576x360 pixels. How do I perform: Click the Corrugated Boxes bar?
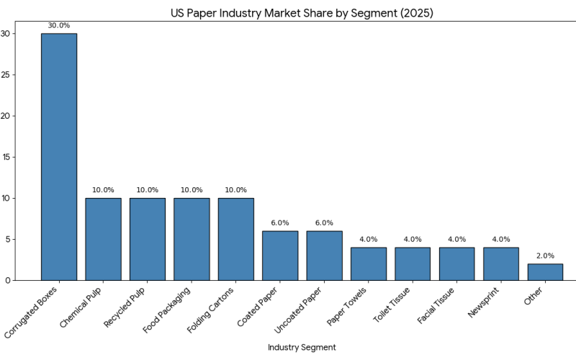(x=59, y=157)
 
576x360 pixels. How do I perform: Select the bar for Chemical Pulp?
(x=103, y=239)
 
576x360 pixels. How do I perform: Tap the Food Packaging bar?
(x=192, y=239)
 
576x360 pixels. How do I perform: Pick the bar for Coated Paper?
(x=280, y=256)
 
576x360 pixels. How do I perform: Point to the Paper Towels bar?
(x=369, y=264)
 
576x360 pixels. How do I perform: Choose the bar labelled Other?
(x=545, y=272)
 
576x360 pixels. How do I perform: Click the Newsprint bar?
(x=501, y=264)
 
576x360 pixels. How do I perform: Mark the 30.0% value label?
(x=59, y=26)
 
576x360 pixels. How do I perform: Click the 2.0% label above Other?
(x=545, y=256)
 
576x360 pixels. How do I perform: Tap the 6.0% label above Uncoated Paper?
(x=324, y=223)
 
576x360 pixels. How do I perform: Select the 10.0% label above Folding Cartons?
(x=235, y=190)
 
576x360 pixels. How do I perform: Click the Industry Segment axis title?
(x=302, y=347)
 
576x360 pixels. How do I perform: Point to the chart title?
(x=302, y=13)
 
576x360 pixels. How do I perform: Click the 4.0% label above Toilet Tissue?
(x=413, y=239)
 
